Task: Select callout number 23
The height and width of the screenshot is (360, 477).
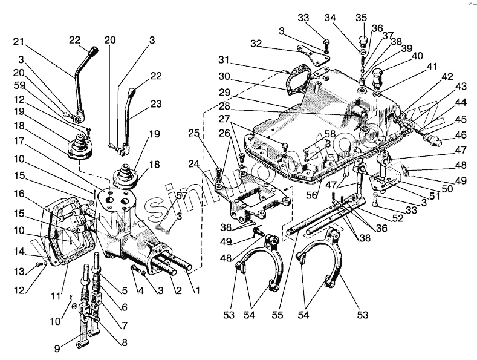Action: (x=156, y=103)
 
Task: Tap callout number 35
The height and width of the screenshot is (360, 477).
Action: (x=361, y=16)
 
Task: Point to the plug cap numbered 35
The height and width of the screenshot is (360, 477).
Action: (x=363, y=41)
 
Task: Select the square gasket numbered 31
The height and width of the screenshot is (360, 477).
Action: (x=297, y=79)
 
